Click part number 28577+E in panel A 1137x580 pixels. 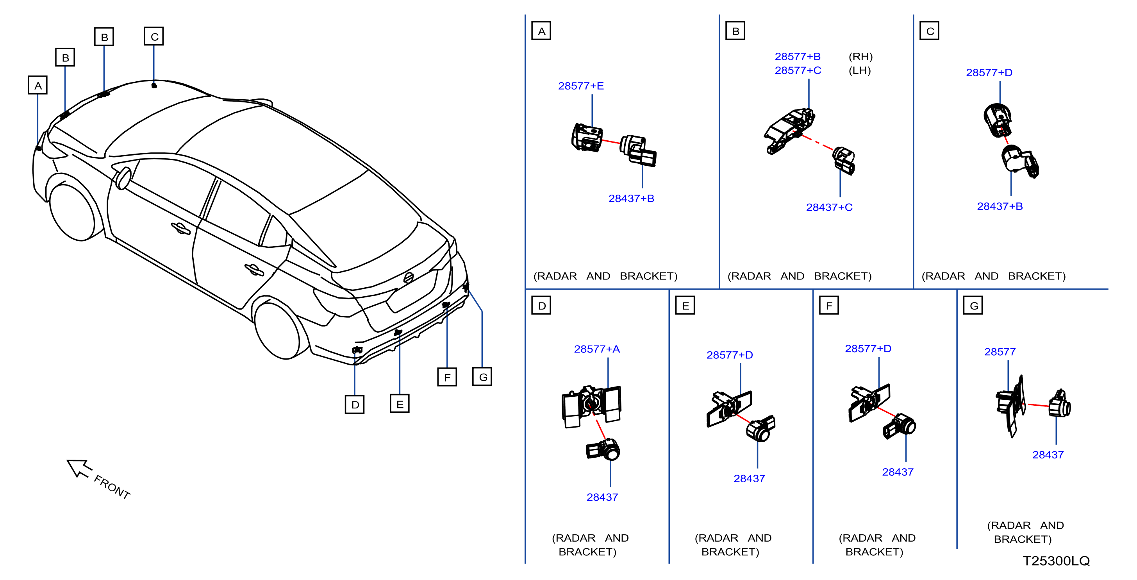point(580,86)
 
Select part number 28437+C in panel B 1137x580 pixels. point(829,207)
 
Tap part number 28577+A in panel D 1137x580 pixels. point(597,349)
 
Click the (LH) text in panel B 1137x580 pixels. point(859,70)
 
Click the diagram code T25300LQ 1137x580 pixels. point(1056,560)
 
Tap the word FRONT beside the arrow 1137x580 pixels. point(112,487)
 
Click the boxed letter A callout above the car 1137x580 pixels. point(37,85)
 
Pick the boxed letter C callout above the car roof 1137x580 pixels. point(154,36)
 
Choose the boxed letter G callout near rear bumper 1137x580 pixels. point(482,377)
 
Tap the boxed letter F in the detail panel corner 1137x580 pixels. point(829,305)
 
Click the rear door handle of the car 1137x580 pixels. point(254,269)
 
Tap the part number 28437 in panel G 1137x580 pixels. point(1048,455)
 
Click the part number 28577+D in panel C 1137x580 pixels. point(989,72)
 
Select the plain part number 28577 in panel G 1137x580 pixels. point(1000,352)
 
